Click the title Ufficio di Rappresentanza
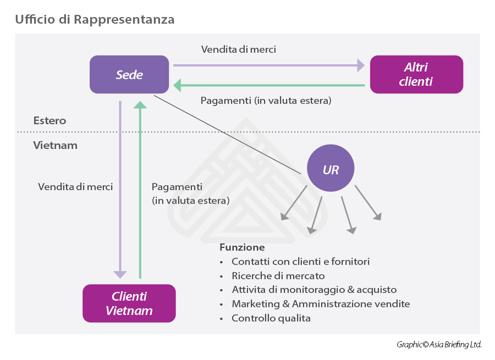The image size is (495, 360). pyautogui.click(x=95, y=20)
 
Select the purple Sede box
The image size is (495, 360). pyautogui.click(x=129, y=75)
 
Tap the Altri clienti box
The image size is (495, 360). pyautogui.click(x=416, y=75)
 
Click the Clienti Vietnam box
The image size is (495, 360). pyautogui.click(x=129, y=303)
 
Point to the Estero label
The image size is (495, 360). pyautogui.click(x=50, y=120)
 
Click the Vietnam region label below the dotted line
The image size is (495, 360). pyautogui.click(x=55, y=146)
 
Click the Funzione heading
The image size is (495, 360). pyautogui.click(x=242, y=247)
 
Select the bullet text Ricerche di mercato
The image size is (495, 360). pyautogui.click(x=278, y=276)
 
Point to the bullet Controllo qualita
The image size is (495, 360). pyautogui.click(x=271, y=318)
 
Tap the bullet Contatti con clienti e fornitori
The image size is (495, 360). pyautogui.click(x=300, y=262)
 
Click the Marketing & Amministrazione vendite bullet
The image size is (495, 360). pyautogui.click(x=321, y=304)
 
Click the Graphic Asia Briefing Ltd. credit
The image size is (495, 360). pyautogui.click(x=439, y=345)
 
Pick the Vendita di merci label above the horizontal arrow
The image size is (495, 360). pyautogui.click(x=239, y=49)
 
